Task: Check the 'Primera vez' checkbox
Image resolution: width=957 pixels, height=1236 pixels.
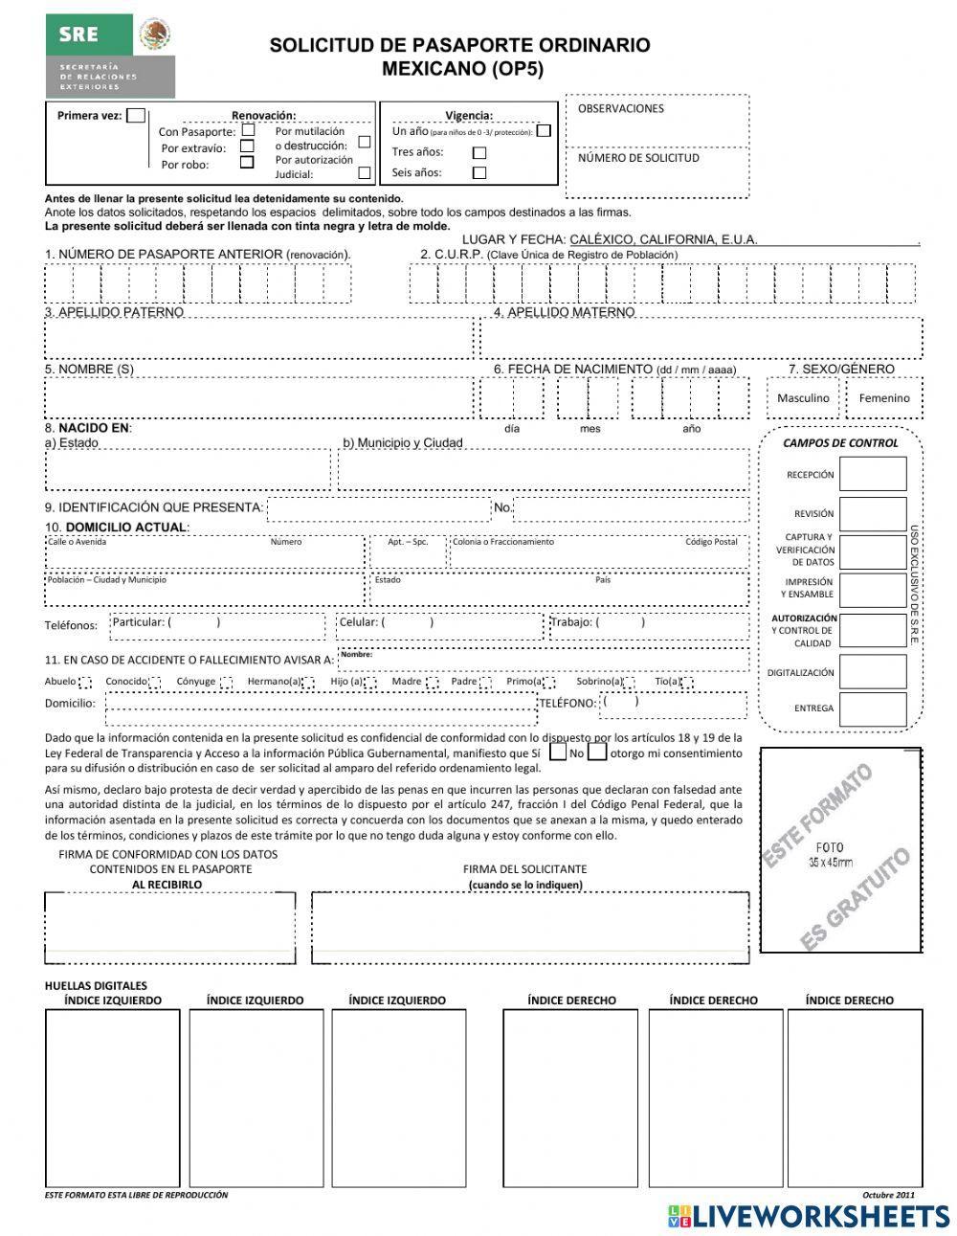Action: tap(136, 116)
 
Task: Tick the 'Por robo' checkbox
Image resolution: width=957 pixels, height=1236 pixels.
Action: tap(247, 163)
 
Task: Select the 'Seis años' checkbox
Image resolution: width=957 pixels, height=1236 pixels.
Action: tap(479, 173)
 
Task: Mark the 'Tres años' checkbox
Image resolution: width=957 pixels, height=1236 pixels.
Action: tap(479, 152)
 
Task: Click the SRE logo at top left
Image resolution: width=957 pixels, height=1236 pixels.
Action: tap(110, 56)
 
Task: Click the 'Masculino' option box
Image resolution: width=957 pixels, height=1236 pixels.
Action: tap(803, 397)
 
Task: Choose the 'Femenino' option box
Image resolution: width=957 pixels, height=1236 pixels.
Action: tap(884, 397)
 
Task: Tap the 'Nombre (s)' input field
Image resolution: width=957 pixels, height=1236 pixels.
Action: tap(258, 397)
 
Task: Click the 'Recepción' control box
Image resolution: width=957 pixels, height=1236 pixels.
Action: tap(872, 474)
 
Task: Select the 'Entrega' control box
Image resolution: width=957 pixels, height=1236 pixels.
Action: tap(872, 708)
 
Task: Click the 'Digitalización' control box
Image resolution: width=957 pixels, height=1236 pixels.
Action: tap(872, 672)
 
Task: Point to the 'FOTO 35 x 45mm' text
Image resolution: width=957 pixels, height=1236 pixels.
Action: tap(831, 855)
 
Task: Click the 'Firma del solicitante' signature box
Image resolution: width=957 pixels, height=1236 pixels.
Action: tap(530, 928)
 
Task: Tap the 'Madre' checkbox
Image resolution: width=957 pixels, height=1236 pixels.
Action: tap(433, 683)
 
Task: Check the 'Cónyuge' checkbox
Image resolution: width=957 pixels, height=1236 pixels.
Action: tap(227, 683)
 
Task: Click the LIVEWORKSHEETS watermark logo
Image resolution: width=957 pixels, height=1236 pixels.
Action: tap(808, 1216)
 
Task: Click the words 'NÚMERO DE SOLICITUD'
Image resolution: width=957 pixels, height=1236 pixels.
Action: tap(638, 158)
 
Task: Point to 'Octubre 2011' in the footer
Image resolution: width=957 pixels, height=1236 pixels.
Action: tap(888, 1195)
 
